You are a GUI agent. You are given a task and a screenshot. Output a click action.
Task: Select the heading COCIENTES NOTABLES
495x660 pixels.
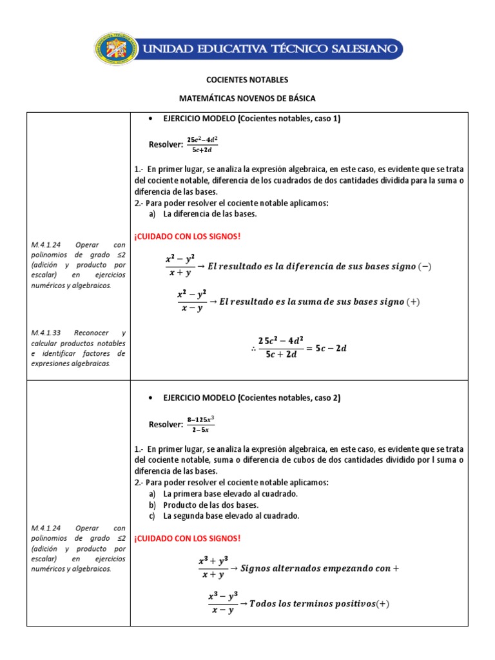pyautogui.click(x=247, y=80)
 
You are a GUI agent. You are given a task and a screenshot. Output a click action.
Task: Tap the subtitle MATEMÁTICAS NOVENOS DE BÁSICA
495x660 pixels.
pyautogui.click(x=247, y=98)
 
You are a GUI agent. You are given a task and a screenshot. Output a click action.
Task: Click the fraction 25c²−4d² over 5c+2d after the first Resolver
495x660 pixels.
pyautogui.click(x=202, y=144)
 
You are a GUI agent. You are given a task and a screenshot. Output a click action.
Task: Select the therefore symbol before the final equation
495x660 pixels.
pyautogui.click(x=254, y=349)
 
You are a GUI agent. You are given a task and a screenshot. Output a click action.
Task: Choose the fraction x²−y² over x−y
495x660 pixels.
pyautogui.click(x=191, y=301)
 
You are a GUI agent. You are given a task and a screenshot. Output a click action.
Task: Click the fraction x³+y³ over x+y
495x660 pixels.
pyautogui.click(x=213, y=568)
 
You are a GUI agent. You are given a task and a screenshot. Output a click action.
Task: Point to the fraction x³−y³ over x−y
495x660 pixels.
pyautogui.click(x=222, y=603)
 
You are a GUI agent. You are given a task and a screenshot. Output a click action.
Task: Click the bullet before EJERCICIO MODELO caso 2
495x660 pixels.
pyautogui.click(x=150, y=398)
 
